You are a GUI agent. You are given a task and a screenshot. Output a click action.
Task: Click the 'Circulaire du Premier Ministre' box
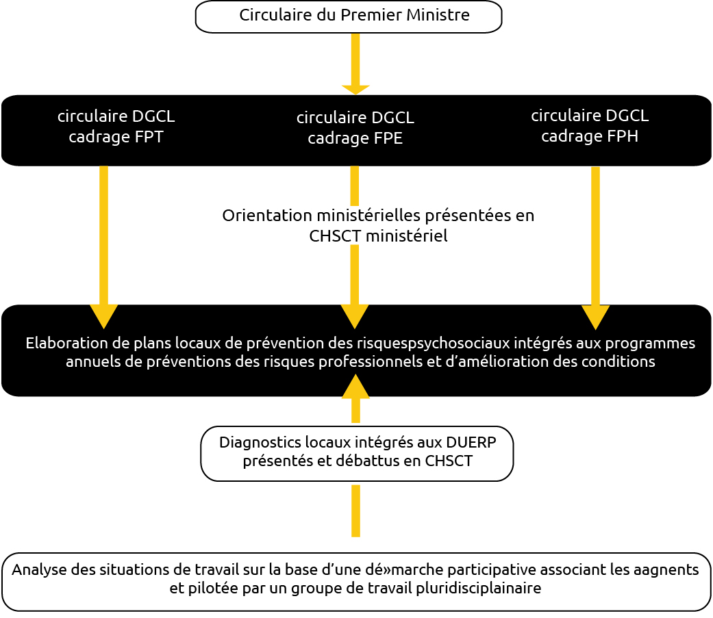click(349, 17)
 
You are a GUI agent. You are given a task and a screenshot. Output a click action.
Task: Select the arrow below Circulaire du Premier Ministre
click(355, 64)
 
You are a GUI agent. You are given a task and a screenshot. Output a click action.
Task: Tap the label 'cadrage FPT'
click(116, 137)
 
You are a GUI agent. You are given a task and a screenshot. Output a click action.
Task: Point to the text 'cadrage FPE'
click(355, 138)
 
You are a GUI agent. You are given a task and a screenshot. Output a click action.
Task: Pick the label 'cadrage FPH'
click(590, 136)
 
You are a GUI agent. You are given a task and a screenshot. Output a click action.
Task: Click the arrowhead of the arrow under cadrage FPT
click(103, 316)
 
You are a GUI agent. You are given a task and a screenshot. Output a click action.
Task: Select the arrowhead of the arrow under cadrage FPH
click(595, 317)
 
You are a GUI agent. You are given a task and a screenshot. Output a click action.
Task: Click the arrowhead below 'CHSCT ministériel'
click(355, 316)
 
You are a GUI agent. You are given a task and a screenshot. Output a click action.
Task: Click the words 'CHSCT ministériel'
click(378, 236)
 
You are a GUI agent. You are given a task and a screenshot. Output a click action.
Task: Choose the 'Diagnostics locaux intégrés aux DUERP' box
click(357, 454)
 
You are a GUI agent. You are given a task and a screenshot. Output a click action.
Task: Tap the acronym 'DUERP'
click(471, 442)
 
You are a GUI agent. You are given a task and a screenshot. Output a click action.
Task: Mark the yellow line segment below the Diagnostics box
click(356, 511)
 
